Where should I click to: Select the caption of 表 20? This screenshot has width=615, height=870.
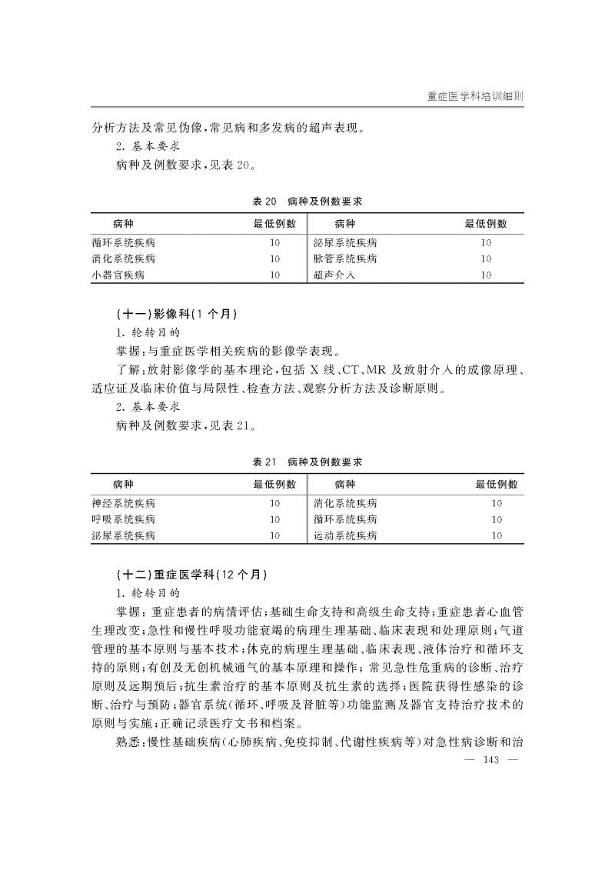coord(307,201)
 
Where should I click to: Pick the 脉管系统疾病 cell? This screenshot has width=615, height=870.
coord(346,258)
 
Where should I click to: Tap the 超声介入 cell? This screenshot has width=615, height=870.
coord(335,275)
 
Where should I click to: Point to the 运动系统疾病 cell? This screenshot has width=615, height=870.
coord(346,535)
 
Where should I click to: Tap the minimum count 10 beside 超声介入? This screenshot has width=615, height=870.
coord(485,275)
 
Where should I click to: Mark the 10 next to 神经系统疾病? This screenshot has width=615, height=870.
coord(274,504)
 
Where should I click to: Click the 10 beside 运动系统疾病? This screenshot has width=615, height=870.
coord(496,535)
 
